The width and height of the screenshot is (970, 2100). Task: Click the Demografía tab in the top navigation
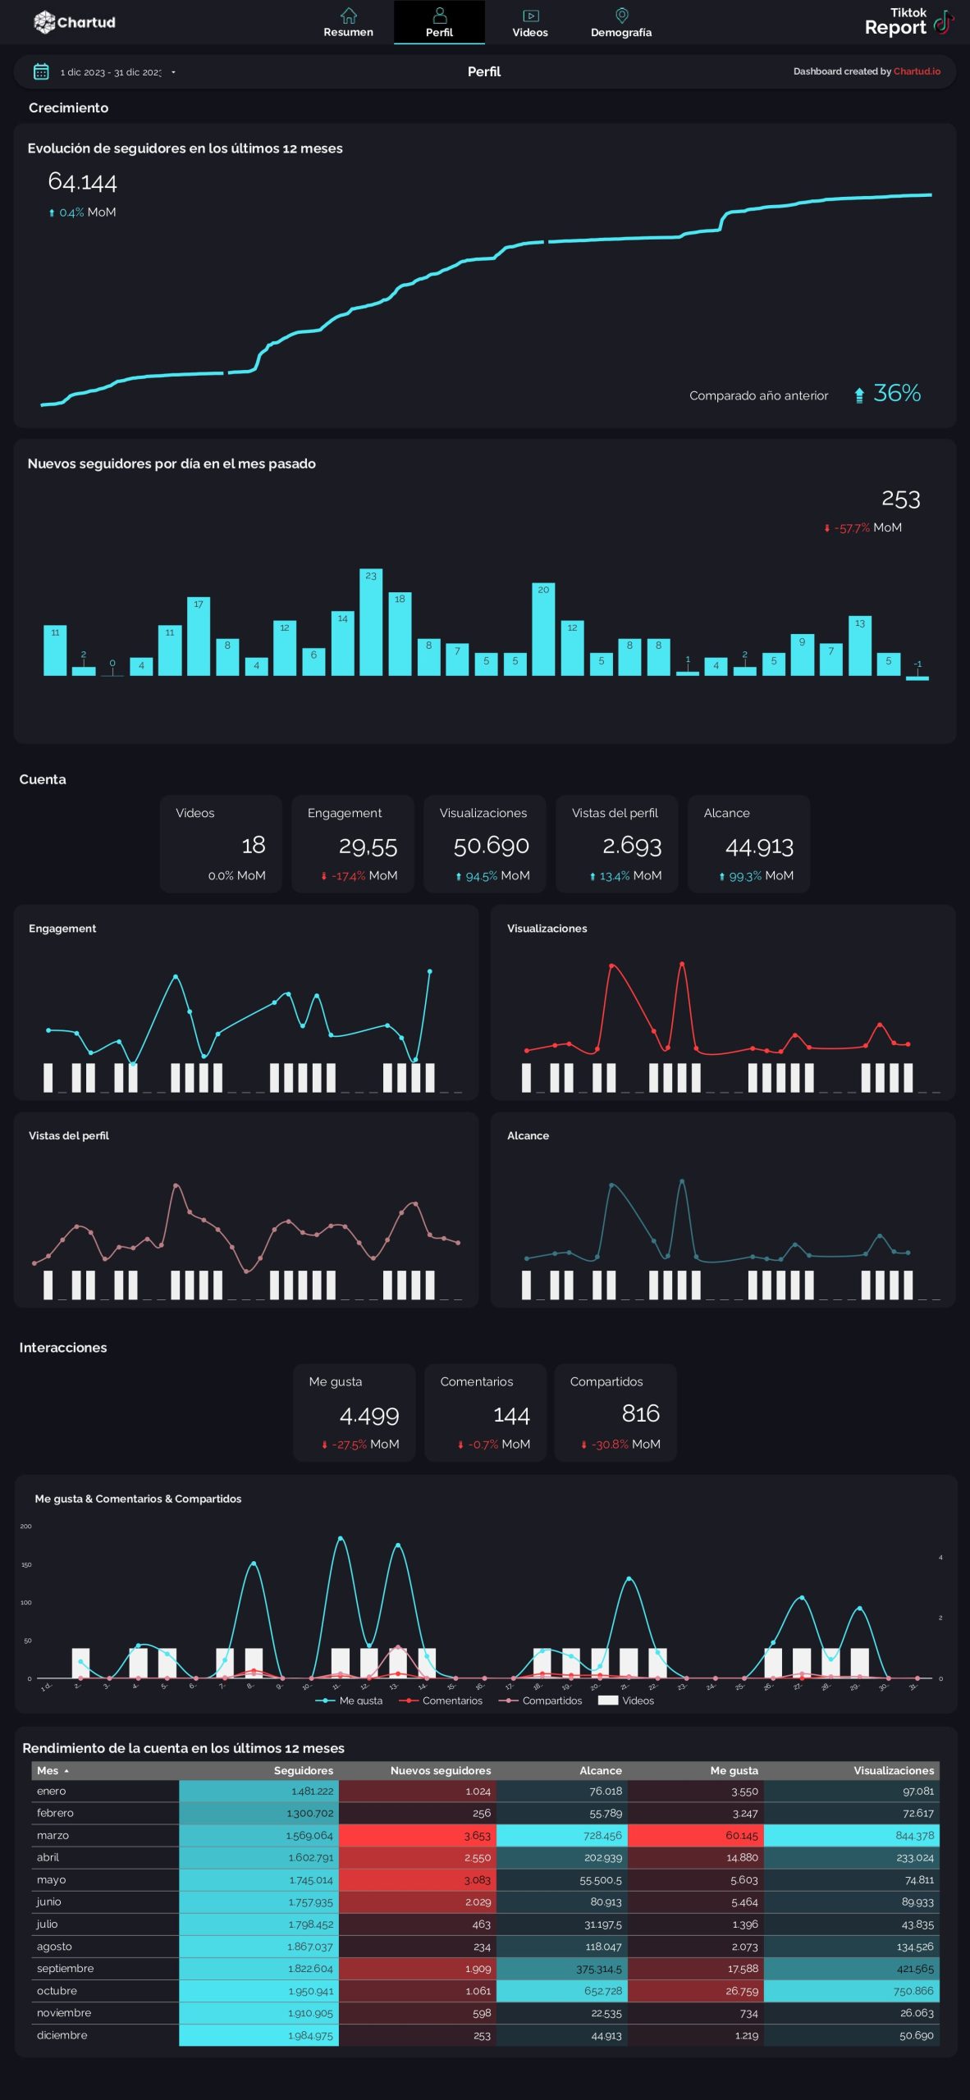pyautogui.click(x=620, y=22)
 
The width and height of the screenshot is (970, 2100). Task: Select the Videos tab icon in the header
pyautogui.click(x=530, y=16)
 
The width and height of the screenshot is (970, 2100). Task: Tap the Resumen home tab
pyautogui.click(x=348, y=22)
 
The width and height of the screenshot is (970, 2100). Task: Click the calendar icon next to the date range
pyautogui.click(x=41, y=72)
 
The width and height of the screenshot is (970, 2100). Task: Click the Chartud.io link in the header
pyautogui.click(x=917, y=71)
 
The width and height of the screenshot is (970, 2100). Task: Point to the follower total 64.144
pyautogui.click(x=82, y=181)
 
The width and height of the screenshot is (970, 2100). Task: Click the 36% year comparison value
pyautogui.click(x=896, y=394)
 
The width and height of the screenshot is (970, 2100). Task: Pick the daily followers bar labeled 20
pyautogui.click(x=543, y=629)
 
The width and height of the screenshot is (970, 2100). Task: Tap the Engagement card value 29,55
pyautogui.click(x=368, y=846)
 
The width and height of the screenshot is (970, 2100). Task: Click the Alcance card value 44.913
pyautogui.click(x=759, y=846)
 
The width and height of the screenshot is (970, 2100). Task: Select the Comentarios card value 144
pyautogui.click(x=511, y=1415)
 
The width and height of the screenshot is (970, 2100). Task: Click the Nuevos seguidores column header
pyautogui.click(x=440, y=1770)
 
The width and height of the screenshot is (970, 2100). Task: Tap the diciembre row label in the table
pyautogui.click(x=62, y=2035)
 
